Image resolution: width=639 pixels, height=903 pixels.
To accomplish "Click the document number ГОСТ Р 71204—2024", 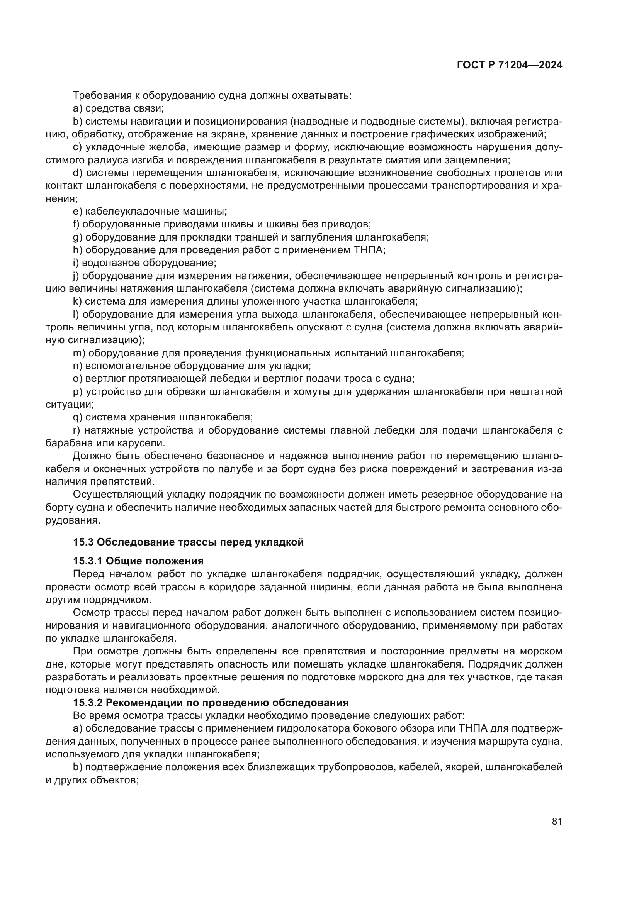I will point(509,65).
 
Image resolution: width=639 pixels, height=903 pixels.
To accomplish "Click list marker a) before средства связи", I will point(78,108).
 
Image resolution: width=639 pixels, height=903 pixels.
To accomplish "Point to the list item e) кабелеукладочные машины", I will point(150,212).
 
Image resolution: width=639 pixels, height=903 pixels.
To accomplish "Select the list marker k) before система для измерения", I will point(77,302).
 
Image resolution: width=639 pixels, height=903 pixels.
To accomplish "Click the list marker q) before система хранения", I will point(78,417).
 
